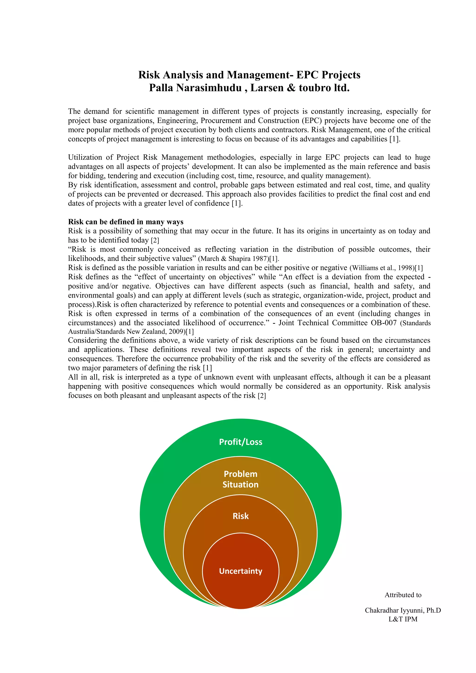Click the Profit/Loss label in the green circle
[x=240, y=442]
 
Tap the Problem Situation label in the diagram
[x=240, y=479]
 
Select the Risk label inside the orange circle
[x=240, y=516]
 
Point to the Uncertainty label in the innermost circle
[x=240, y=571]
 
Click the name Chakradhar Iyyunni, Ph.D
[x=403, y=610]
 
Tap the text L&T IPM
[x=403, y=619]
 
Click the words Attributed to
[x=403, y=595]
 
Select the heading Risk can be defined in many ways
[x=126, y=222]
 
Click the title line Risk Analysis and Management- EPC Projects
[x=249, y=75]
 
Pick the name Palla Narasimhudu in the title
[x=195, y=88]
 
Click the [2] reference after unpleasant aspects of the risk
[x=262, y=396]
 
